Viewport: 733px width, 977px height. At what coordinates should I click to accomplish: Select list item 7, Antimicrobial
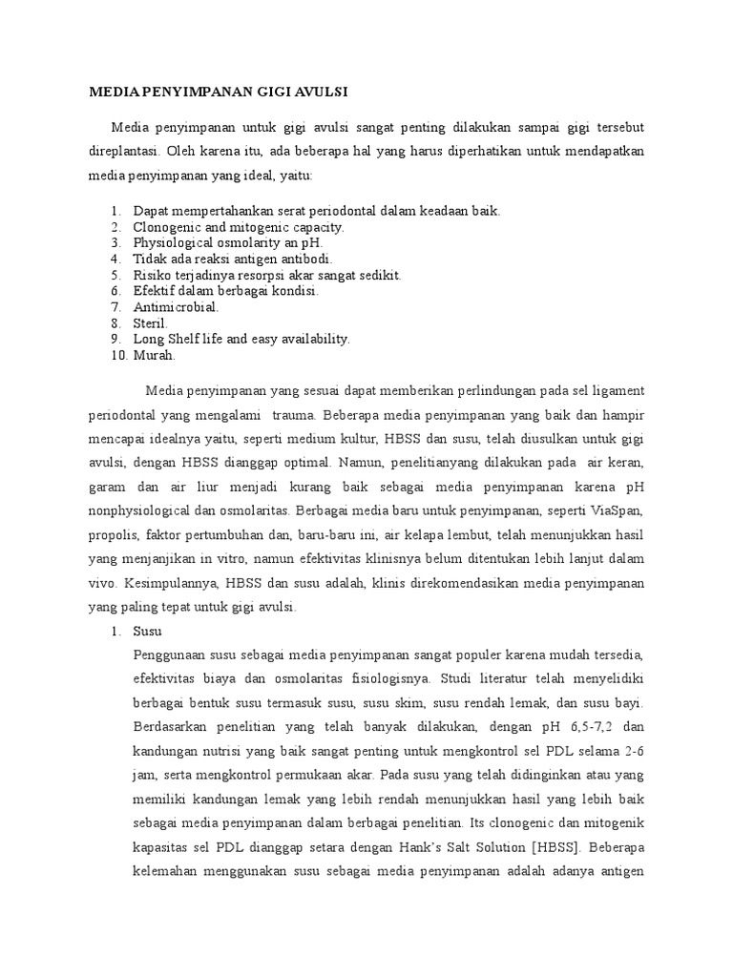coord(177,306)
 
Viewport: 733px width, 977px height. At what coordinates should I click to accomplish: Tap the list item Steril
coord(150,322)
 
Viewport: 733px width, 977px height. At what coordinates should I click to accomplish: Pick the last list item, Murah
coord(155,355)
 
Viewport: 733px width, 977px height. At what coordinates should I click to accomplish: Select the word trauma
coord(295,416)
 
